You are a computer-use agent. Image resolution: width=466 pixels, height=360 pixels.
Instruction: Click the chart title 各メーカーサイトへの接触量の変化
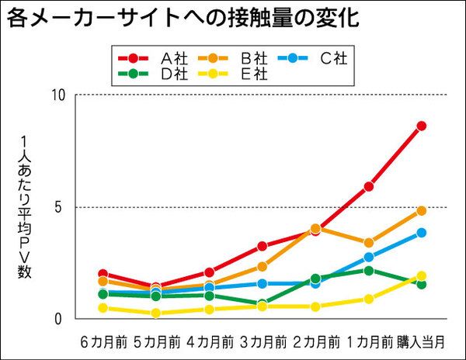[183, 19]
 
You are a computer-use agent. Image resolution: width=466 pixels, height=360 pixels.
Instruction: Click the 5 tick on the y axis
[68, 207]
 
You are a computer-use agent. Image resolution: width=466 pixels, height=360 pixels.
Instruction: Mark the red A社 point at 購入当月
[422, 126]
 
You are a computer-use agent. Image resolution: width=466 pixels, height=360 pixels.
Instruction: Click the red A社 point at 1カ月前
[369, 186]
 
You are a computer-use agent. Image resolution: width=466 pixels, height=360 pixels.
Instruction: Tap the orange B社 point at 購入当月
[422, 210]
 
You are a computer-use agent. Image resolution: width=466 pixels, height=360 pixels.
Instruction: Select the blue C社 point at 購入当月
[422, 233]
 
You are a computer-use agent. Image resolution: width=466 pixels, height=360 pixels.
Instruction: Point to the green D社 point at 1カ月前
[369, 270]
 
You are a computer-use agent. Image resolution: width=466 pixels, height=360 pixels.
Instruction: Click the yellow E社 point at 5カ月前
[156, 313]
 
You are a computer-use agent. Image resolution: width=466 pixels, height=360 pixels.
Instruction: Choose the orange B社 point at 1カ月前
[369, 243]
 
